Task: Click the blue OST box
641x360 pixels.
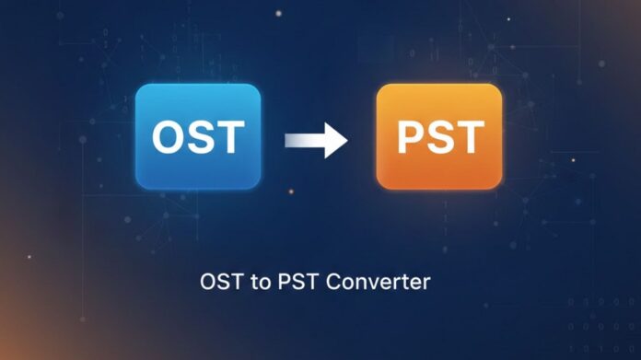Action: tap(198, 137)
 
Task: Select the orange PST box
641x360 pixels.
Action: tap(439, 136)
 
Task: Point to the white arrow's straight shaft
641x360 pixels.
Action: tap(302, 141)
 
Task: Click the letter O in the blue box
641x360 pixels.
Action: tap(169, 138)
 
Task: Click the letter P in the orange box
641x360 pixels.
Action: tap(411, 138)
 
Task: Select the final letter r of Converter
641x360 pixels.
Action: tap(425, 282)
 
